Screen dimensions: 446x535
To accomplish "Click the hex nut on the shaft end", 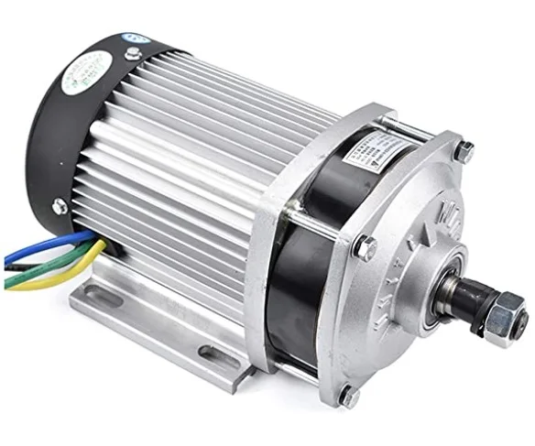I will [x=501, y=324].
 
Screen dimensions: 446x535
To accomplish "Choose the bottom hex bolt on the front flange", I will [x=349, y=397].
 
